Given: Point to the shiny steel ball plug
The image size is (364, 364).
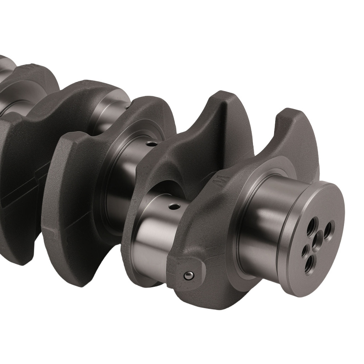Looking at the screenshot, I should click(x=188, y=276).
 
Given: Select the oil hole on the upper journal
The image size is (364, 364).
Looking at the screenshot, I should click(x=150, y=144).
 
